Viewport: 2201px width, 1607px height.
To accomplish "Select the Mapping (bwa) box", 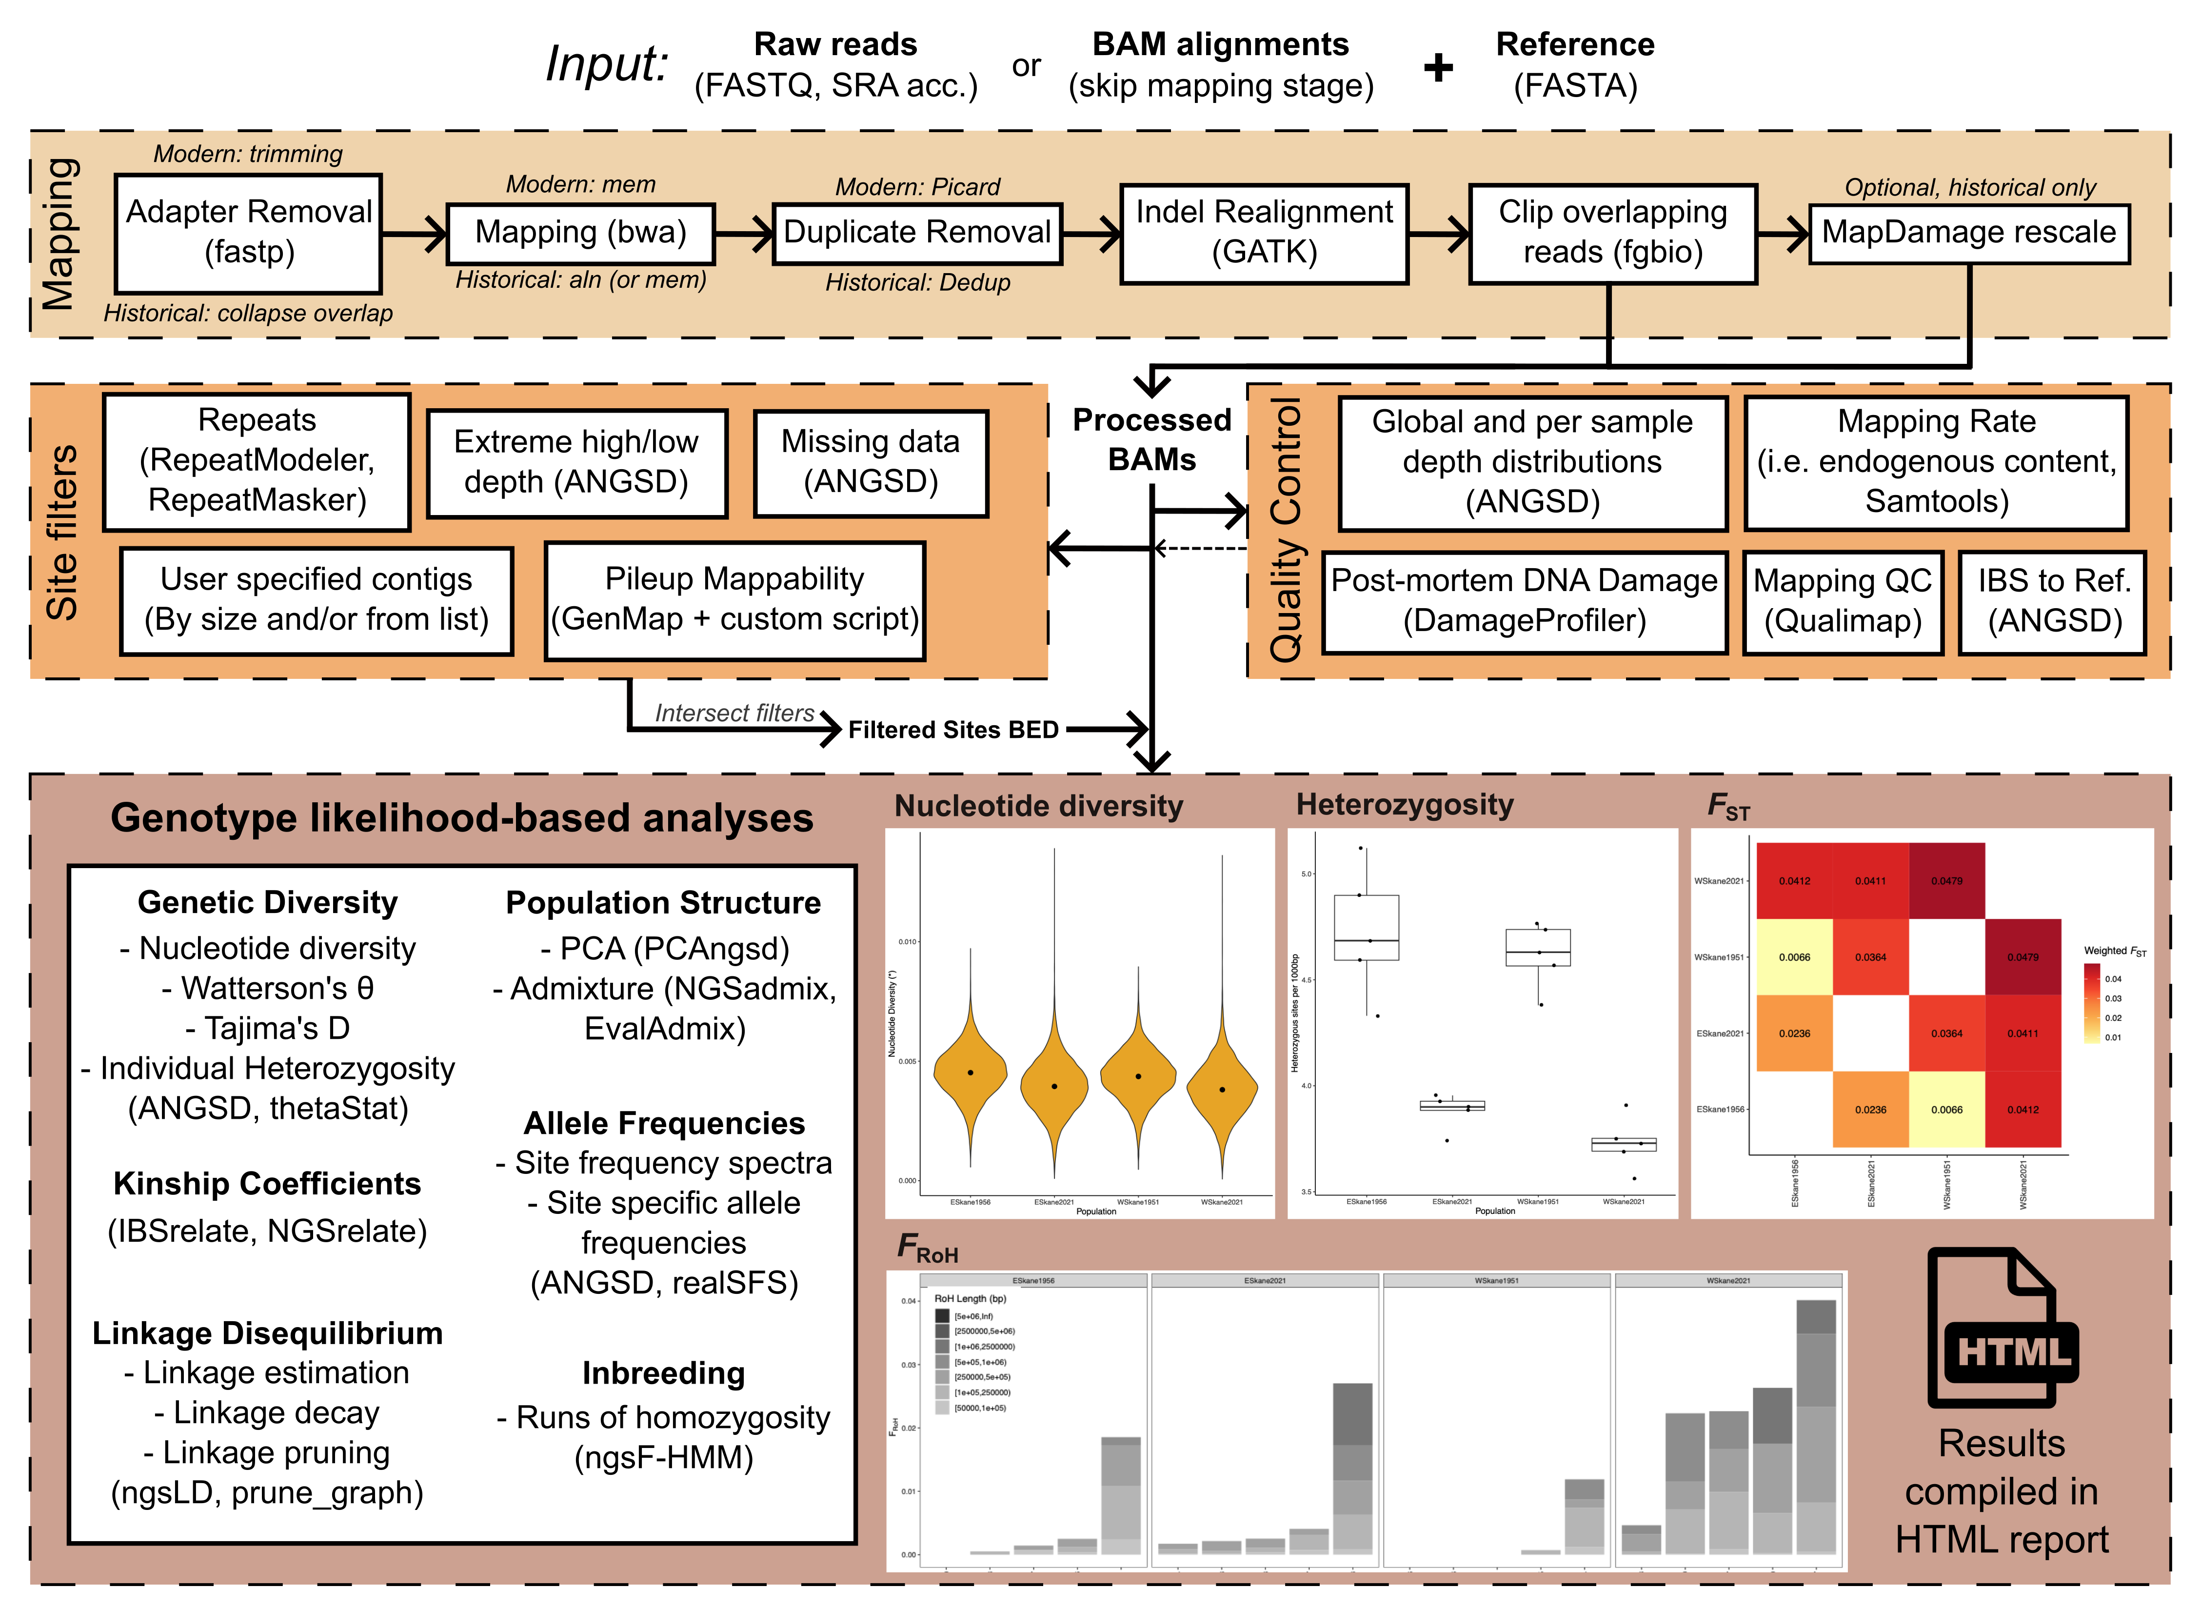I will [581, 234].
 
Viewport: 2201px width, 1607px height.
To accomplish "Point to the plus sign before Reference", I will [1438, 68].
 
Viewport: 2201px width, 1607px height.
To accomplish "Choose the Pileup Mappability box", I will [734, 600].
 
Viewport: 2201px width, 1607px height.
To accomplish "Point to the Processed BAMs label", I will [1151, 440].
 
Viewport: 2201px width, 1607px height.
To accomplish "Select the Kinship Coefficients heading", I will [267, 1184].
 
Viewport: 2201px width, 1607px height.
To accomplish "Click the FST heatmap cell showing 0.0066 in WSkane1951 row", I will [1794, 957].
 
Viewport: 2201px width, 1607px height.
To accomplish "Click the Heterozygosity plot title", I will [1405, 805].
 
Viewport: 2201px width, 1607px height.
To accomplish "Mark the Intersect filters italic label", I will [734, 713].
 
